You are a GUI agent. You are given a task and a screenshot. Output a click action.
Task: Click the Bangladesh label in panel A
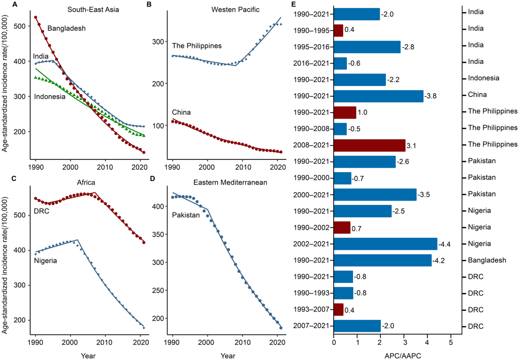(x=67, y=29)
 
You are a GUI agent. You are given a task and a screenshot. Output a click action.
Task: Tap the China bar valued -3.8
(x=378, y=96)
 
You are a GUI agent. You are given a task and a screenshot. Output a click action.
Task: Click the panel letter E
(x=294, y=4)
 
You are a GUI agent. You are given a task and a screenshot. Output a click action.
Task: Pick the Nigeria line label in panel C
(x=45, y=261)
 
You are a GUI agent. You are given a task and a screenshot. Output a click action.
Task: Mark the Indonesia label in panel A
(x=50, y=97)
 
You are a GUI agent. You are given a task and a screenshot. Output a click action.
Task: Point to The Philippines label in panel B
(x=197, y=46)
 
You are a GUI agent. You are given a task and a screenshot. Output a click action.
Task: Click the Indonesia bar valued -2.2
(x=360, y=80)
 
